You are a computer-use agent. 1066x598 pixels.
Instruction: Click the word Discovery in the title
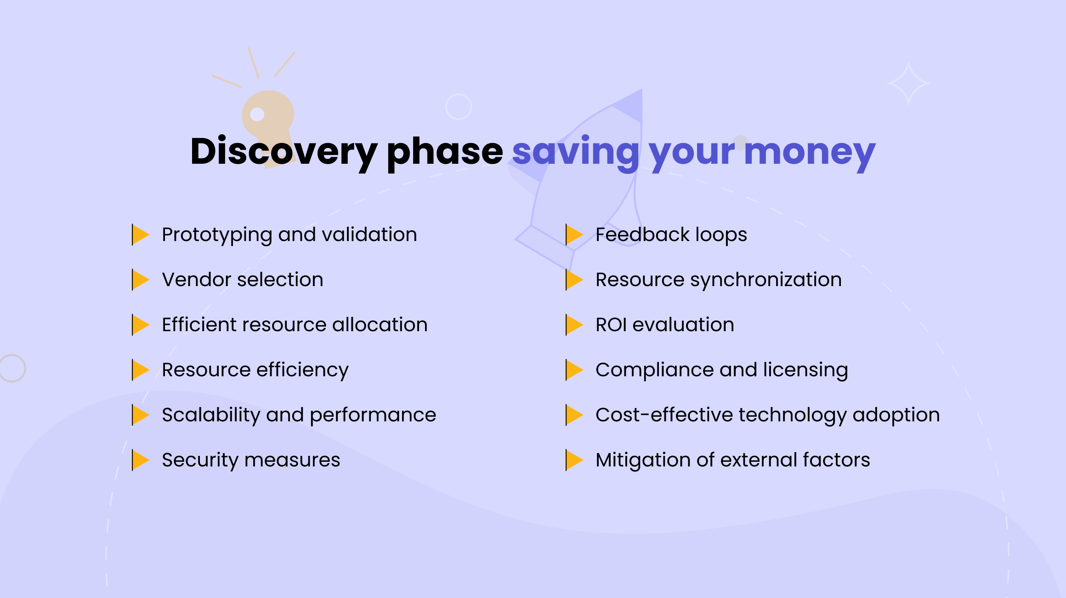pyautogui.click(x=284, y=152)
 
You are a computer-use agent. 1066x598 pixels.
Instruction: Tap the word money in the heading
pyautogui.click(x=810, y=152)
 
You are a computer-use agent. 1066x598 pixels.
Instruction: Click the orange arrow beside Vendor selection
pyautogui.click(x=140, y=280)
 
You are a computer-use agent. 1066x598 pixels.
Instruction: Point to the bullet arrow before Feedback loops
pyautogui.click(x=574, y=235)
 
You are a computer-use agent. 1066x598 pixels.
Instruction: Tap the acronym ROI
pyautogui.click(x=611, y=325)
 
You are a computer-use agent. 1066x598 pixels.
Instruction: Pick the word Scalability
pyautogui.click(x=211, y=415)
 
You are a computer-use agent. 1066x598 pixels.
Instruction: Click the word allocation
pyautogui.click(x=380, y=325)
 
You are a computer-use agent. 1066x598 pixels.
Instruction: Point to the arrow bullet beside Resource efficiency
pyautogui.click(x=140, y=370)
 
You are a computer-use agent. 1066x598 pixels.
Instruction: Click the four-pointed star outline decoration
pyautogui.click(x=908, y=84)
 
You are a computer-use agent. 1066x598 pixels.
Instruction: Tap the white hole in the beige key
pyautogui.click(x=257, y=114)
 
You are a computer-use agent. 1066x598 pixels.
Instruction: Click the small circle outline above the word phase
pyautogui.click(x=459, y=107)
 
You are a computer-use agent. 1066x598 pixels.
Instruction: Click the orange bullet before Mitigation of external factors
pyautogui.click(x=574, y=460)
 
